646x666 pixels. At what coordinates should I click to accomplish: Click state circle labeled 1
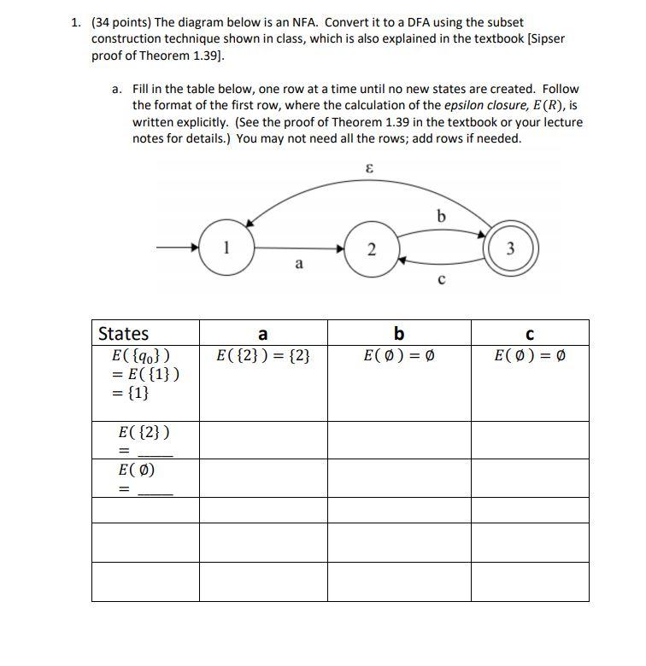[226, 249]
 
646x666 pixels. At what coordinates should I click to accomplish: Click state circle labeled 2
[371, 249]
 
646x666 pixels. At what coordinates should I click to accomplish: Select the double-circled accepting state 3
[510, 249]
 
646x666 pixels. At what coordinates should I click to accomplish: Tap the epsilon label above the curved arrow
[369, 169]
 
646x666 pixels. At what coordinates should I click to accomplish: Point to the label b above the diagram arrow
[441, 217]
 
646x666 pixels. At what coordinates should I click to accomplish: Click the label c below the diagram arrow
[441, 278]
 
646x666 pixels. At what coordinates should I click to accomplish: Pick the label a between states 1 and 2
[298, 265]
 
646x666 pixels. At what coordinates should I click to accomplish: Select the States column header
[124, 334]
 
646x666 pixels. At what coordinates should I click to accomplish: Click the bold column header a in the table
[262, 334]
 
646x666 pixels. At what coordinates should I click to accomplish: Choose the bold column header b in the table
[398, 334]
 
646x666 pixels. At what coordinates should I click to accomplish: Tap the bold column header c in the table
[529, 334]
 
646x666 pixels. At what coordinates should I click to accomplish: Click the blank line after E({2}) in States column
[155, 453]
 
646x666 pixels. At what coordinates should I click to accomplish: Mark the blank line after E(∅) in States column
[155, 491]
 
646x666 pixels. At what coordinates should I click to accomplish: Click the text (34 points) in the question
[120, 22]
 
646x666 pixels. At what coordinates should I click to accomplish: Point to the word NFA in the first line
[303, 22]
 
